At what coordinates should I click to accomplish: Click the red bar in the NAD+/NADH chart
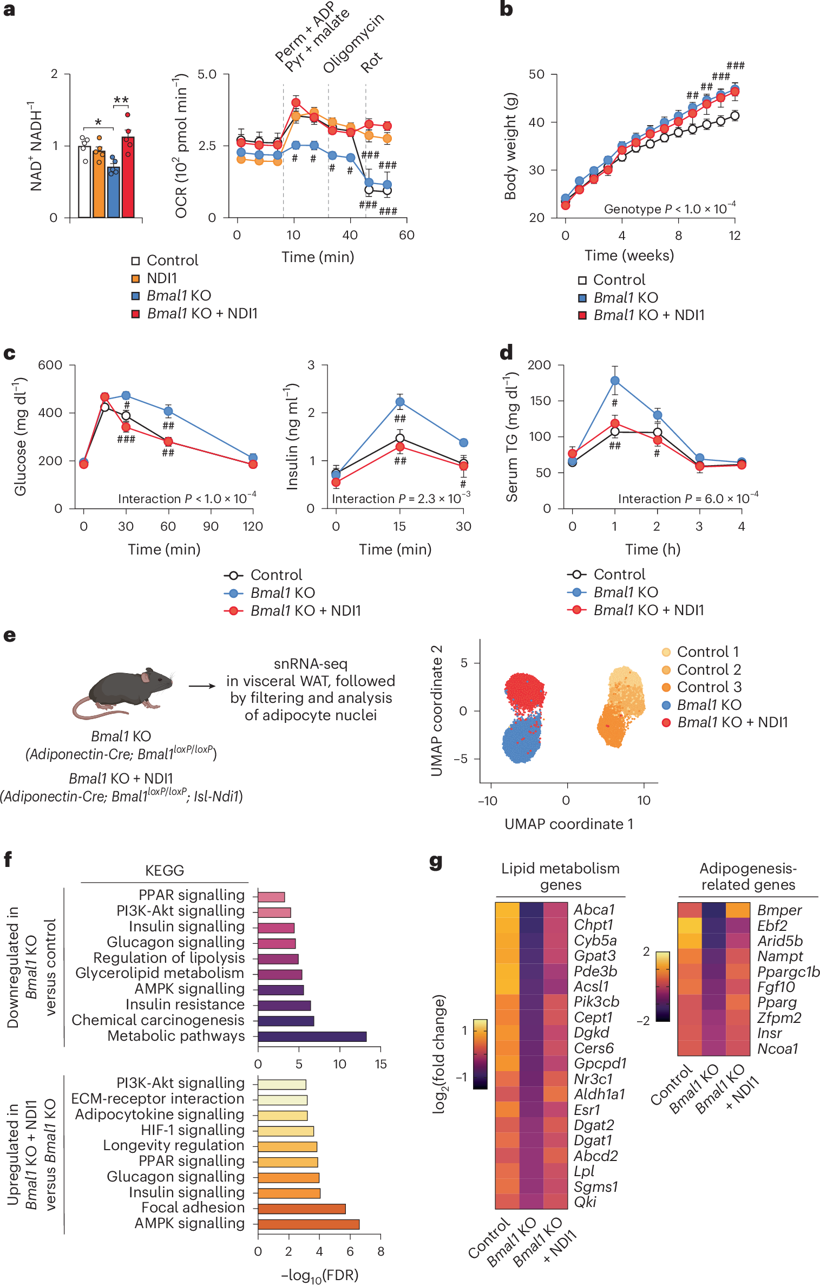point(128,179)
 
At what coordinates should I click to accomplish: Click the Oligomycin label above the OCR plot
point(353,43)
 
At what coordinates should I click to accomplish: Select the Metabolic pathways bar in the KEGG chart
point(312,1036)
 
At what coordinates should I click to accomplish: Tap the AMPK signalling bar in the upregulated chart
point(308,1224)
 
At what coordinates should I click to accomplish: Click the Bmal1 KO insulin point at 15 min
point(400,402)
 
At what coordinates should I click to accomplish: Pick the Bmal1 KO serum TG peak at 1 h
point(615,381)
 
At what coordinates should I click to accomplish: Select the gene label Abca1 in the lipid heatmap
point(594,910)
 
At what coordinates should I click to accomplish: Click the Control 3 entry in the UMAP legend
point(709,687)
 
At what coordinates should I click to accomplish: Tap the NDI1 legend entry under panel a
point(161,278)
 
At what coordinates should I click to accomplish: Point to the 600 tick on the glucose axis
point(50,365)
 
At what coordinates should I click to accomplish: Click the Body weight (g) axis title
point(510,146)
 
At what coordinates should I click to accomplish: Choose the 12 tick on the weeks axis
point(734,236)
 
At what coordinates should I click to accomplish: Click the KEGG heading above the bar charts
point(165,871)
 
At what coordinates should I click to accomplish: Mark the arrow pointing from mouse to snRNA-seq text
point(202,686)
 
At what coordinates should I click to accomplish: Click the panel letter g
point(436,862)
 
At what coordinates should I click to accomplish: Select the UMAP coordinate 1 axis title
point(568,824)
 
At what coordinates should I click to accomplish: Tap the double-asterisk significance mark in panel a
point(121,101)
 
